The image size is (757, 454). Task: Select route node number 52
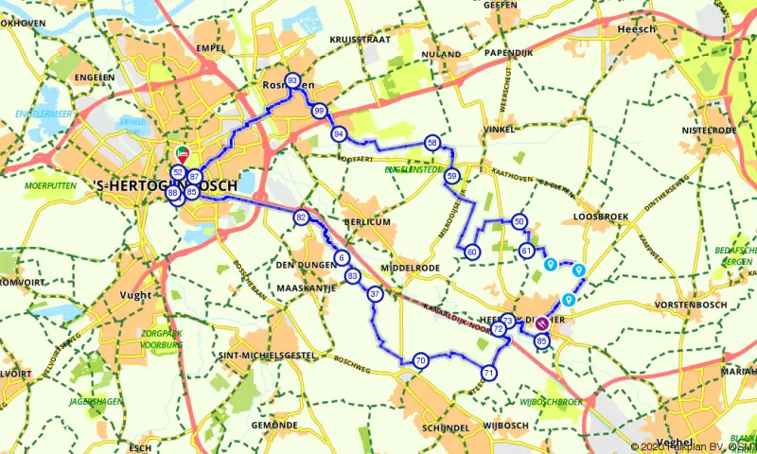tap(178, 172)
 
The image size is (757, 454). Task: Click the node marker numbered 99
tap(319, 112)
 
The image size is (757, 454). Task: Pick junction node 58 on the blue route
tap(431, 143)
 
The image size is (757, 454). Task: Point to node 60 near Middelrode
tap(472, 252)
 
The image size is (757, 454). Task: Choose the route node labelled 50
tap(519, 221)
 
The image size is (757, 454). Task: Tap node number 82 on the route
tap(301, 218)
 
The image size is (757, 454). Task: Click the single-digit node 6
tap(341, 257)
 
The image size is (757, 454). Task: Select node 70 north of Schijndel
tap(420, 359)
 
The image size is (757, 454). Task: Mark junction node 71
tap(488, 373)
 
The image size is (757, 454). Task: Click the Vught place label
tap(136, 295)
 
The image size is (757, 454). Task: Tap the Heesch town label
tap(636, 29)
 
